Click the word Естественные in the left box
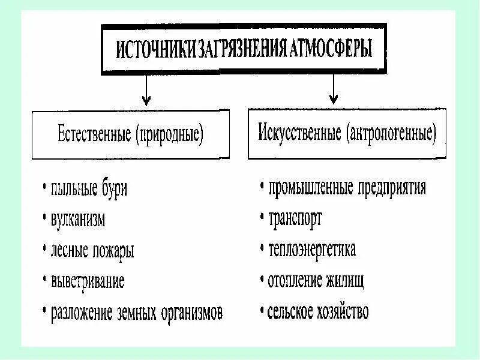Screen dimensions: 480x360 coord(95,133)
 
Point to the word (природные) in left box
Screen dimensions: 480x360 coord(170,133)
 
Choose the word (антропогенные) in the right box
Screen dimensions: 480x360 coord(389,131)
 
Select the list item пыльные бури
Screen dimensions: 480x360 coord(89,189)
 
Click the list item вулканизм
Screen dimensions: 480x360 coord(78,220)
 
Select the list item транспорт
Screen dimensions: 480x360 coord(295,218)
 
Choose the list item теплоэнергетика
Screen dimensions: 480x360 coord(312,249)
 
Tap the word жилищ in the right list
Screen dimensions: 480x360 coord(346,280)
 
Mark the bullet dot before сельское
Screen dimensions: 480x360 coord(262,311)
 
